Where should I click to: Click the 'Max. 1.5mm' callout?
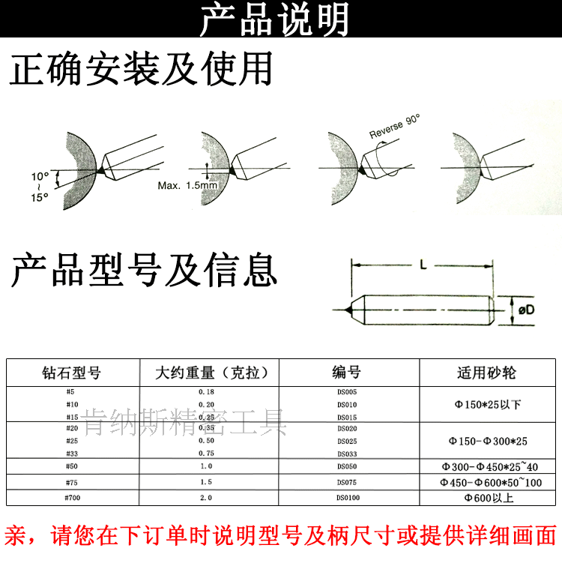click(x=187, y=185)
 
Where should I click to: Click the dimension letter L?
click(x=423, y=265)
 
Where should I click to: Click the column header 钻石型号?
click(x=71, y=373)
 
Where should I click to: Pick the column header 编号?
click(x=347, y=373)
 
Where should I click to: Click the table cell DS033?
click(x=347, y=454)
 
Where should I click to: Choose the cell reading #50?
click(x=71, y=466)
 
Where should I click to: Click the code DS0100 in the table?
click(x=347, y=497)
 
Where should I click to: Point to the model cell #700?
click(x=71, y=497)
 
